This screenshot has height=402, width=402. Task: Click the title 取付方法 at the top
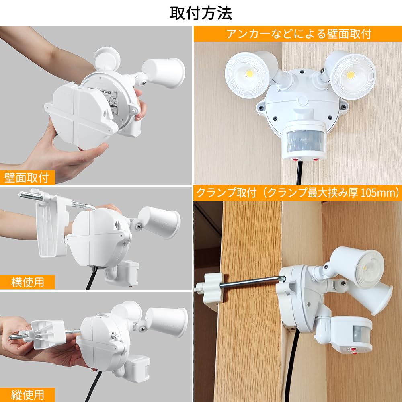[x=201, y=13]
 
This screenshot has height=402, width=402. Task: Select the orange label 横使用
[x=27, y=282]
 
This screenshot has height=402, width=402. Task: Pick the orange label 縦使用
[x=27, y=394]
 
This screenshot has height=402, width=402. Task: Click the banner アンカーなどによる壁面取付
[x=298, y=34]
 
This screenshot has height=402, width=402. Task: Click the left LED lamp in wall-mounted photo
[x=246, y=75]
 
